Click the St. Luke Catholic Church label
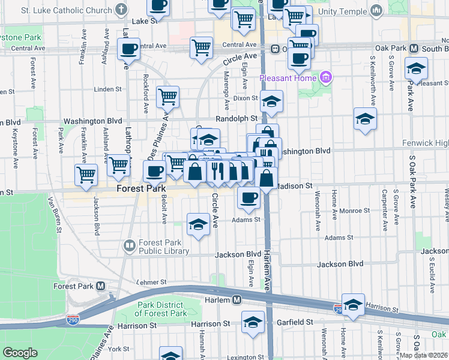click(x=67, y=10)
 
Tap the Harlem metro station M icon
click(x=237, y=299)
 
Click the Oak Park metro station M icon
click(x=414, y=48)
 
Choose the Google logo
click(x=20, y=353)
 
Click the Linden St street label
click(x=109, y=89)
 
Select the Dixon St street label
click(x=246, y=98)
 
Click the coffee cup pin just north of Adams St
click(x=248, y=197)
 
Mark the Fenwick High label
click(x=429, y=143)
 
